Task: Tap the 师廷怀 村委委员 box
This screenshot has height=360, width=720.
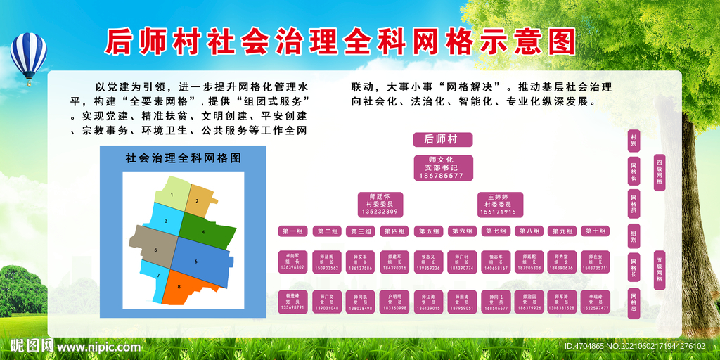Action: click(380, 204)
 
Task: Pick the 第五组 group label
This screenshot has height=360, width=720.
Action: click(429, 231)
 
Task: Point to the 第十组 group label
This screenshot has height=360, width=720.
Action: click(596, 231)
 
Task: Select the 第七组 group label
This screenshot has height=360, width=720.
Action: click(496, 231)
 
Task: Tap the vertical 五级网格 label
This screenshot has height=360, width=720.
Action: click(659, 269)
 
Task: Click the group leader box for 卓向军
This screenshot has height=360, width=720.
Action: click(292, 262)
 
